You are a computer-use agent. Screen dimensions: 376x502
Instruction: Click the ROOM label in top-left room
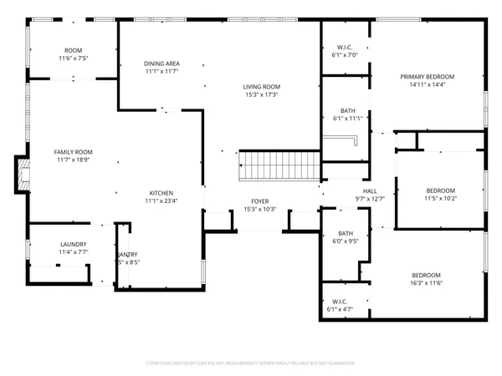pos(74,50)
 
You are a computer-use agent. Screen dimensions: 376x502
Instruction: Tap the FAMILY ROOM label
pos(73,151)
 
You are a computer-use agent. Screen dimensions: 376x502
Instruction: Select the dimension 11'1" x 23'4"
pos(161,201)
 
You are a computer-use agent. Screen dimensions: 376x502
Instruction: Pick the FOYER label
pos(260,201)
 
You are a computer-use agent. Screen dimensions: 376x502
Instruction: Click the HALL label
pos(369,191)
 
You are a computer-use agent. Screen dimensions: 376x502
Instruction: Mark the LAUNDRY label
pos(73,244)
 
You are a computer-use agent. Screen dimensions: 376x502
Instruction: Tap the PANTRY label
pos(128,254)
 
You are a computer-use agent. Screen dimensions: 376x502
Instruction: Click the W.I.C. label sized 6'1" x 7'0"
pos(345,48)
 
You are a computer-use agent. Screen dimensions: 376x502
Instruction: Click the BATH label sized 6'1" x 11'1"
pos(346,111)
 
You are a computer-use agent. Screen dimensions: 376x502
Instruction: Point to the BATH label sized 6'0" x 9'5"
pos(346,233)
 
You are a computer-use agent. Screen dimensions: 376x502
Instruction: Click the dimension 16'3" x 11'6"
pos(426,284)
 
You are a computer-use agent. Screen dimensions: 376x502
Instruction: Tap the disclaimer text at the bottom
pos(251,363)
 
